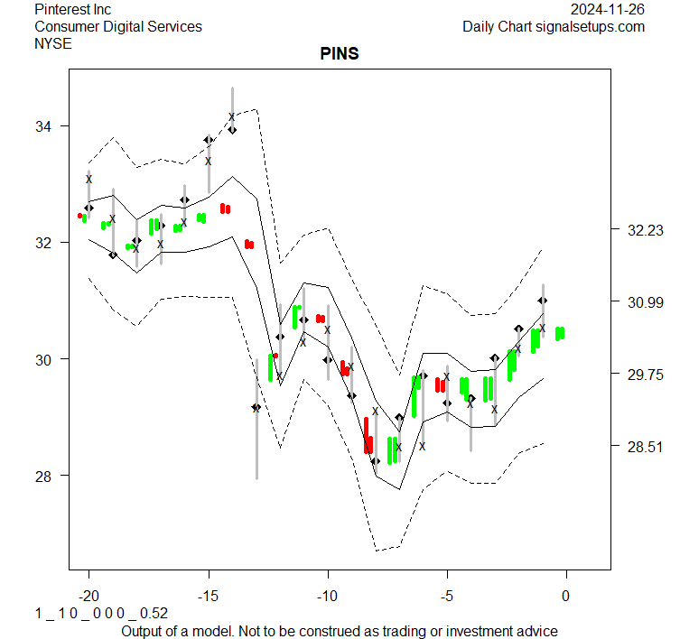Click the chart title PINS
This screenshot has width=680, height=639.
[x=340, y=54]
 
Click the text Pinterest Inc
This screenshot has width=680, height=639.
[x=72, y=9]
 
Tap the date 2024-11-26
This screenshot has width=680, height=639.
[x=608, y=9]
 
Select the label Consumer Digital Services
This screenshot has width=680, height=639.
[x=118, y=26]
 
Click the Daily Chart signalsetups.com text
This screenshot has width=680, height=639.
[x=554, y=26]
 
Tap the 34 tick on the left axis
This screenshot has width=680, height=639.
[x=44, y=126]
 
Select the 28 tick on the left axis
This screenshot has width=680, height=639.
[x=44, y=476]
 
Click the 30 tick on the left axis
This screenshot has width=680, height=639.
[x=44, y=359]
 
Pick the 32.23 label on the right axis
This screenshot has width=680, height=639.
[x=645, y=230]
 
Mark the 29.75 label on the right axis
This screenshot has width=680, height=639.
[x=645, y=375]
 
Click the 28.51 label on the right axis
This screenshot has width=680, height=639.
[x=645, y=447]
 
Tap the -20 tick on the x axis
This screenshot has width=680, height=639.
[x=88, y=596]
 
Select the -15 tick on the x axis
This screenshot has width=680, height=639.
[x=208, y=596]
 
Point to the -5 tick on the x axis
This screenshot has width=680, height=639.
[x=446, y=596]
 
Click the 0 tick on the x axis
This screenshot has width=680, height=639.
[x=566, y=596]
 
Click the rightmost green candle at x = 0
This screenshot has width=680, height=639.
[x=560, y=333]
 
